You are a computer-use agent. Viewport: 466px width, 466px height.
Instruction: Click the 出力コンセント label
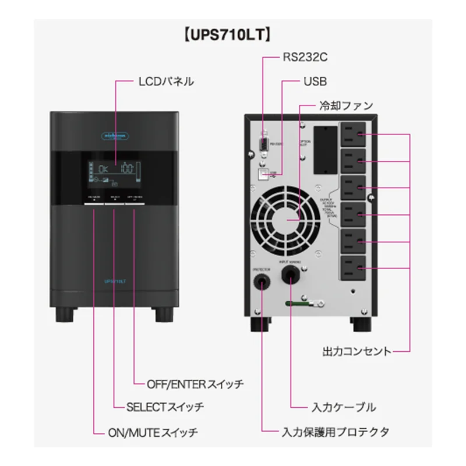click(356, 351)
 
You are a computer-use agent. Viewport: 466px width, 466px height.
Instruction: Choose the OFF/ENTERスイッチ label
click(196, 384)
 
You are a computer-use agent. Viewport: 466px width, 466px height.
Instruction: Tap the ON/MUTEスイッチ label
click(154, 433)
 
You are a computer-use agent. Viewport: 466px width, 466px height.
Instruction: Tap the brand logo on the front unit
click(114, 135)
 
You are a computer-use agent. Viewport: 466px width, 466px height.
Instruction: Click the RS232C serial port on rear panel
click(263, 143)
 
